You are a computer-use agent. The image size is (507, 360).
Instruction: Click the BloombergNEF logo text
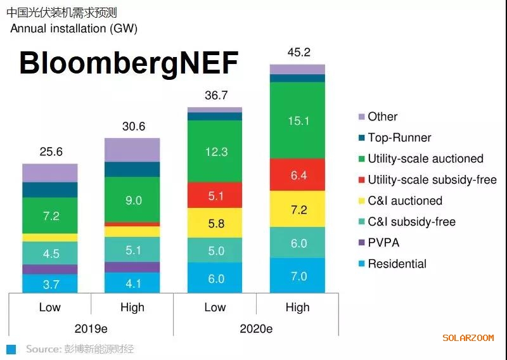click(x=129, y=63)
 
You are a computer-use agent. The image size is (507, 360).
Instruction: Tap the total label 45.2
click(x=297, y=53)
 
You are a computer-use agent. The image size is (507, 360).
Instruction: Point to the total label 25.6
click(x=50, y=152)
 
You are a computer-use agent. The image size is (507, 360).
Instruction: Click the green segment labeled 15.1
click(x=297, y=120)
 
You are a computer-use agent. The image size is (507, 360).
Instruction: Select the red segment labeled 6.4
click(x=297, y=175)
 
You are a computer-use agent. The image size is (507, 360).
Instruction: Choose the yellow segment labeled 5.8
click(x=215, y=223)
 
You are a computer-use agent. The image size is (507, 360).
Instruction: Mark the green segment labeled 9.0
click(x=132, y=200)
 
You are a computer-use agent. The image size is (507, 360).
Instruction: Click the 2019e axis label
click(x=91, y=329)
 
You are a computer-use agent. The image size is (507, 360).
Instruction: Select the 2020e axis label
click(x=255, y=329)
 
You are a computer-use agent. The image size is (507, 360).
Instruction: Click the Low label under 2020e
click(x=215, y=307)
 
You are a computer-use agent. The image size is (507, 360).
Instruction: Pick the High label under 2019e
click(x=132, y=307)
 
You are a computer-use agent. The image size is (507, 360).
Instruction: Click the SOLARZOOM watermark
click(x=468, y=338)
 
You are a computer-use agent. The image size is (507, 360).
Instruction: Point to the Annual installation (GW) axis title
click(x=74, y=29)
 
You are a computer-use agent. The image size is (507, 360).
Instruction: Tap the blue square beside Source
click(x=11, y=349)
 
